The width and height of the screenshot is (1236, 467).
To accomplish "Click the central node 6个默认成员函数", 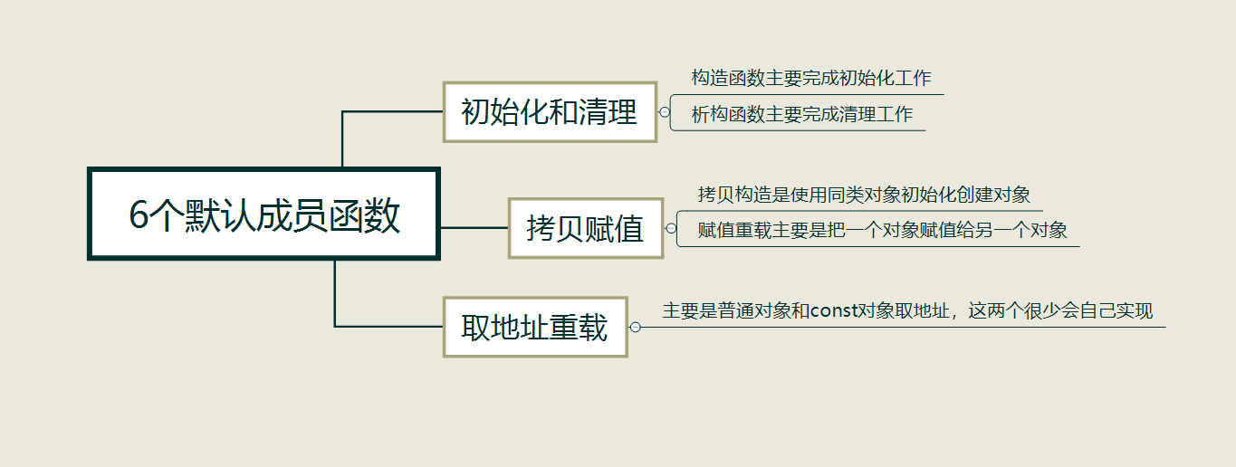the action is tap(263, 214).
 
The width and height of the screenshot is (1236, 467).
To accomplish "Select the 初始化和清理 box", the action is tap(549, 112).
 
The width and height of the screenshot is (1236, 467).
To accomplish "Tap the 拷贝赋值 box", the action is tap(585, 228).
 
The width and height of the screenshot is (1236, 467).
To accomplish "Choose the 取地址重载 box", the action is tap(534, 327).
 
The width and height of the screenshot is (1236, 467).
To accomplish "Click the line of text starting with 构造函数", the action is tap(810, 79).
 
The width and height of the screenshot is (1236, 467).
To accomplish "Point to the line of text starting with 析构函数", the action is tap(801, 115).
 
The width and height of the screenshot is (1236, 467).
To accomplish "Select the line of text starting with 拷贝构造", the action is tap(864, 195).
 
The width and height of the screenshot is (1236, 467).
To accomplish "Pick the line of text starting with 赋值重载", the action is tap(882, 230).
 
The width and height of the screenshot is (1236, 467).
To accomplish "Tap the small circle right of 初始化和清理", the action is tap(665, 113).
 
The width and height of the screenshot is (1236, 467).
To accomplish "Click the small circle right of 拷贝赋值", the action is tap(671, 229).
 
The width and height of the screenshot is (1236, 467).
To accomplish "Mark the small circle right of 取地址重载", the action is tap(635, 327).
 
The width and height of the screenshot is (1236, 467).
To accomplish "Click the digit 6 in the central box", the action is tap(139, 215).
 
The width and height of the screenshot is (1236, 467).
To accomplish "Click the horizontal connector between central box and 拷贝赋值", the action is tap(474, 228).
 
